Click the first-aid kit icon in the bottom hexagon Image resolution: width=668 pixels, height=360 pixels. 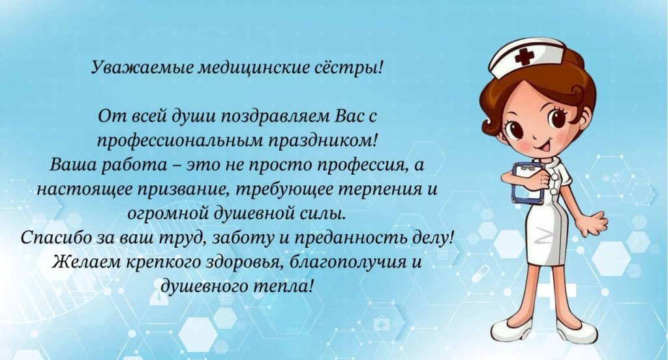pyautogui.click(x=382, y=325)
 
